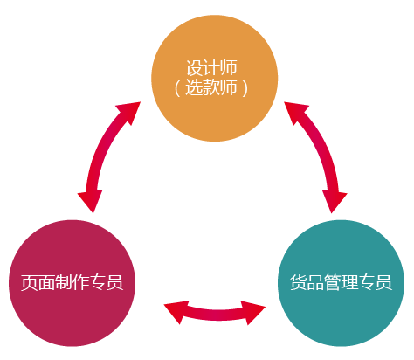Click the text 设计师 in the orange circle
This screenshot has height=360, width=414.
[211, 68]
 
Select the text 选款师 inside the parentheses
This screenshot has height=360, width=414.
[211, 87]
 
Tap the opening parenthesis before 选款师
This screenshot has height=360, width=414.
[177, 87]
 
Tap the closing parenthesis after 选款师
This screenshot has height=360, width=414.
[245, 87]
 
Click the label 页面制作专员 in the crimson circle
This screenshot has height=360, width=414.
[72, 282]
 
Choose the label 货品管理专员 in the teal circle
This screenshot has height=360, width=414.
[342, 282]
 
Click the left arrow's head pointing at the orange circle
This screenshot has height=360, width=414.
[129, 112]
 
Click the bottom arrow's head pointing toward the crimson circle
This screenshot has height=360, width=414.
[176, 312]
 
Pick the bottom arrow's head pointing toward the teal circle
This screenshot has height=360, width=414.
[252, 312]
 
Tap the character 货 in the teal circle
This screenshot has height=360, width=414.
[299, 282]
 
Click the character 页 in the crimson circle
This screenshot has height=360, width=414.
[30, 282]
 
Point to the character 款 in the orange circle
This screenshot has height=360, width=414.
[211, 87]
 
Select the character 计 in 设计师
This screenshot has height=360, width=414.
[211, 68]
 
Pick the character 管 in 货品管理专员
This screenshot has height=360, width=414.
[333, 282]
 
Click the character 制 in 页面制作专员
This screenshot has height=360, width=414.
[64, 282]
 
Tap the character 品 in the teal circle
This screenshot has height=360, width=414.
[315, 282]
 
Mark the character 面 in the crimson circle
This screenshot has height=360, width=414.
[46, 282]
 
